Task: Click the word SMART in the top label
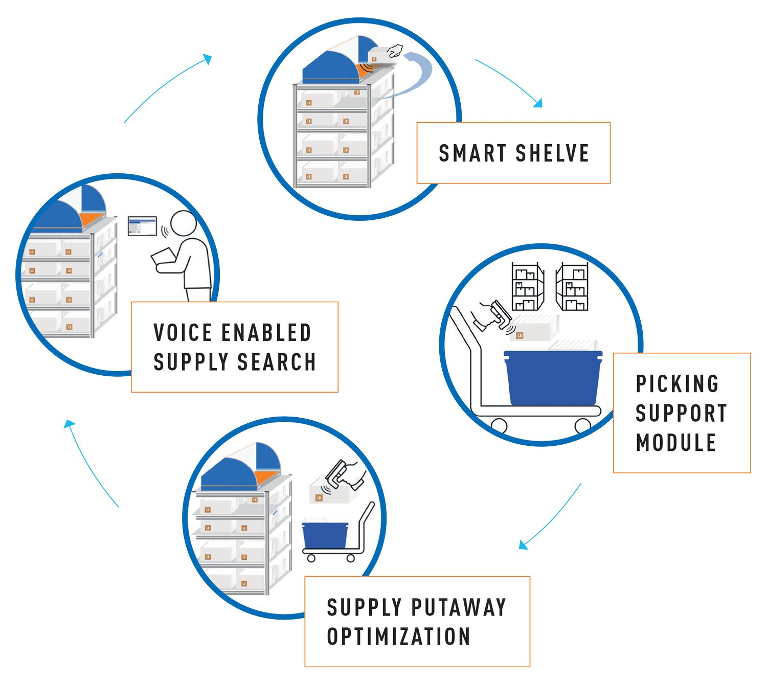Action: [x=472, y=153]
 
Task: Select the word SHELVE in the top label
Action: [x=552, y=153]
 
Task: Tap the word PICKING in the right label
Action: [x=677, y=384]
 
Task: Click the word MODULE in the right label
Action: [x=675, y=443]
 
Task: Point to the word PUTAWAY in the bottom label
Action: [x=459, y=608]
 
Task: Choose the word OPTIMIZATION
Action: [x=398, y=637]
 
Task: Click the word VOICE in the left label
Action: [x=183, y=333]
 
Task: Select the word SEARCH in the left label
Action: [x=277, y=362]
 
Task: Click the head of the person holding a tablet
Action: [x=183, y=224]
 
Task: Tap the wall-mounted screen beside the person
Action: [x=142, y=226]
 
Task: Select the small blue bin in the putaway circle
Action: [x=325, y=535]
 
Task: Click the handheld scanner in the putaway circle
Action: [x=339, y=473]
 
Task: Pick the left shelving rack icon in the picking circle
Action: [x=528, y=287]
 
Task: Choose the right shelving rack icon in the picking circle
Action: [x=572, y=287]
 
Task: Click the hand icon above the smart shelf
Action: [x=394, y=51]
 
